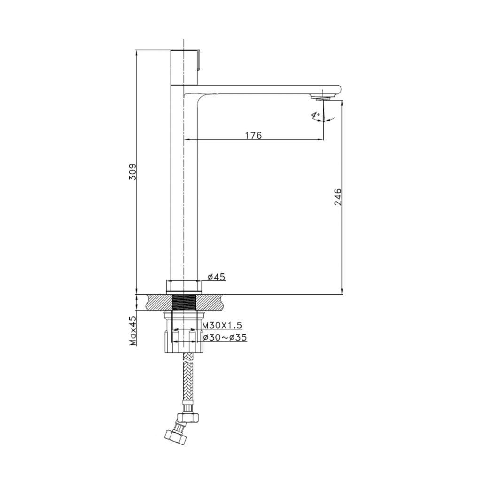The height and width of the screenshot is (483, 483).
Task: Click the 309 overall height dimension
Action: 133,172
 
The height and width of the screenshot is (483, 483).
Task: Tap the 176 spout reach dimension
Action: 253,135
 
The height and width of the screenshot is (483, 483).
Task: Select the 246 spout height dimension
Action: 338,197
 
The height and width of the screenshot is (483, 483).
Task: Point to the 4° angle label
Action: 315,116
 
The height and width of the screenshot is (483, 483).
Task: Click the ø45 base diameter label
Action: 217,277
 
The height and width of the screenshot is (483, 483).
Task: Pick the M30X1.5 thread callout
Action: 222,325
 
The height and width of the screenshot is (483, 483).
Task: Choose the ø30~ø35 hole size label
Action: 225,338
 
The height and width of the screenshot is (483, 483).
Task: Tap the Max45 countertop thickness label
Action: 133,331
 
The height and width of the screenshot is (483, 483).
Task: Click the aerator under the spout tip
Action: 321,98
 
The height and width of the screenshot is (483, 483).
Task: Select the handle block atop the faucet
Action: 185,67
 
